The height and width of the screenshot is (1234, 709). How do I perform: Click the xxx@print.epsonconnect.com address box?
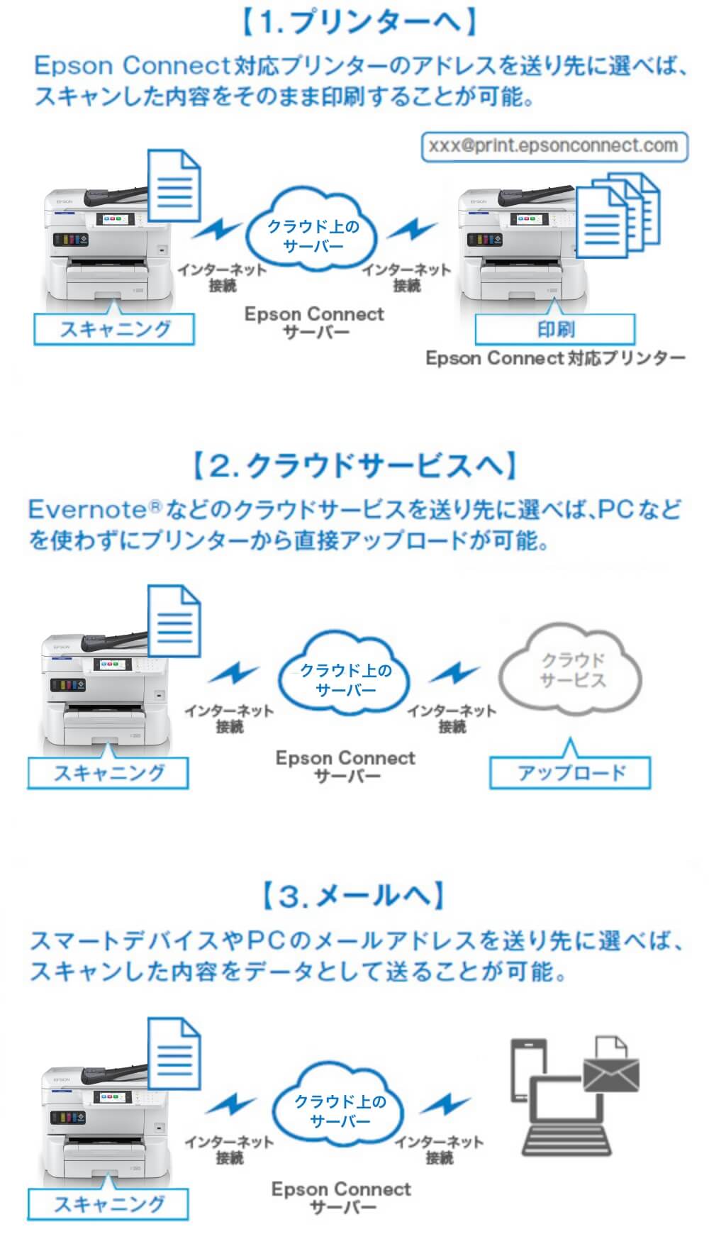click(x=554, y=146)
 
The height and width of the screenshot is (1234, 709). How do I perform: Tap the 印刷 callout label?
click(x=555, y=329)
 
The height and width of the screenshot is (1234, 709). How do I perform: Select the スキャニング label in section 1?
click(x=114, y=329)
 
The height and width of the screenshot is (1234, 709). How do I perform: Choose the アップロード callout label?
click(x=570, y=772)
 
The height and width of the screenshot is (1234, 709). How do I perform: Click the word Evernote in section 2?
click(x=86, y=509)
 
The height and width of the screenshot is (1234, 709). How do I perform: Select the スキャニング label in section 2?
click(x=108, y=772)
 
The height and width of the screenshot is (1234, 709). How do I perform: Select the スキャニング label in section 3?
click(x=108, y=1204)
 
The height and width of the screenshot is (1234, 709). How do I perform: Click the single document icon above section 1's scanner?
click(x=174, y=187)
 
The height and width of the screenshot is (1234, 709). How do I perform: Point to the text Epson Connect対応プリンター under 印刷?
click(x=555, y=358)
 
